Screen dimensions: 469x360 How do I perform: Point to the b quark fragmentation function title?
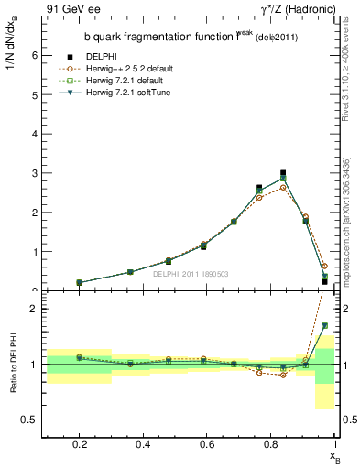pyautogui.click(x=170, y=37)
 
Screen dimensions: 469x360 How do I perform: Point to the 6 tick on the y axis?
pyautogui.click(x=34, y=55)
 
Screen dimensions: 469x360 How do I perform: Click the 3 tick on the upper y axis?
pyautogui.click(x=34, y=173)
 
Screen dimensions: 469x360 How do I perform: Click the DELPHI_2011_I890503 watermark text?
pyautogui.click(x=191, y=274)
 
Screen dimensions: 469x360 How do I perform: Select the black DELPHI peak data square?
pyautogui.click(x=283, y=172)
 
